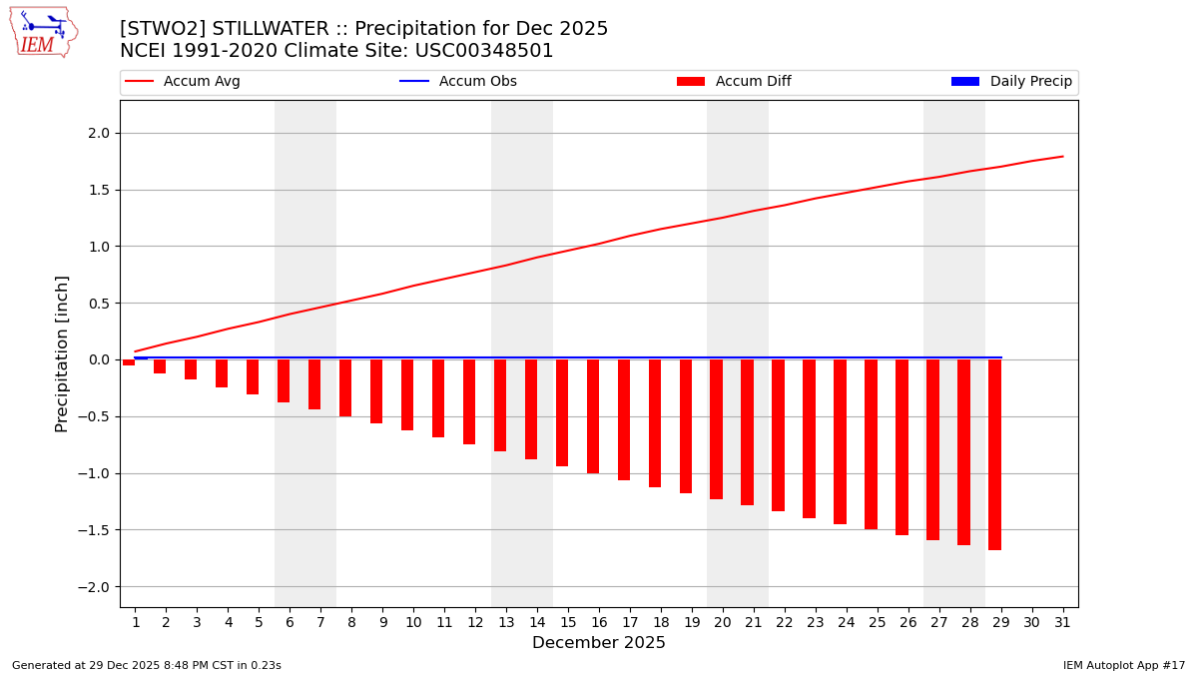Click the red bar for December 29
[x=994, y=454]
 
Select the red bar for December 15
[x=562, y=412]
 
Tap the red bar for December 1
[x=129, y=362]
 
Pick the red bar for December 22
[x=778, y=435]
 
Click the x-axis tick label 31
[x=1062, y=623]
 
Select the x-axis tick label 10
[x=413, y=623]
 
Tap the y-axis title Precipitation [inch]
[x=62, y=353]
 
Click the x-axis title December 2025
[x=599, y=643]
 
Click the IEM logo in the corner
[x=43, y=32]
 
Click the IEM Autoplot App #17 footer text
[x=1124, y=665]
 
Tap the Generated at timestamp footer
[x=147, y=665]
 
